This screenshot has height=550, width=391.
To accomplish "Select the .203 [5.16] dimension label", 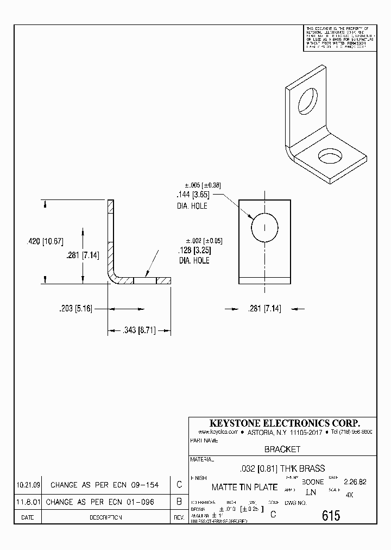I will point(76,309).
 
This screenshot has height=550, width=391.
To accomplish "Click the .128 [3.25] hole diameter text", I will point(194,251).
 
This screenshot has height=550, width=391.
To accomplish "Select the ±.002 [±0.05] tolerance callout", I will point(204,241).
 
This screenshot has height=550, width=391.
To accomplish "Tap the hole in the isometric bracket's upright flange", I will point(307,100).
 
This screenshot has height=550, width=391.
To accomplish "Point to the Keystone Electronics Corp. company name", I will point(285,423).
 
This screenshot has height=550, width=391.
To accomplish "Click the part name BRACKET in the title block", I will point(282,449).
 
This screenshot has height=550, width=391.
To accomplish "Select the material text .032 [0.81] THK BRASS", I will point(282,468).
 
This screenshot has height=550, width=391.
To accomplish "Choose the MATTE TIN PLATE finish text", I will point(244,487).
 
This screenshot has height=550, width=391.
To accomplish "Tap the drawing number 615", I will point(331,515).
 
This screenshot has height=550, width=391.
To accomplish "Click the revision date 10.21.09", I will point(29,484).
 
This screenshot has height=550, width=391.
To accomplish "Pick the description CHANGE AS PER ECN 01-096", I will point(100,502).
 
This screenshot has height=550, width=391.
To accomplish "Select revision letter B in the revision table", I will point(179,502).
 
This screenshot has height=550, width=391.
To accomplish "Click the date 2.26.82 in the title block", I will point(355,482).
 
